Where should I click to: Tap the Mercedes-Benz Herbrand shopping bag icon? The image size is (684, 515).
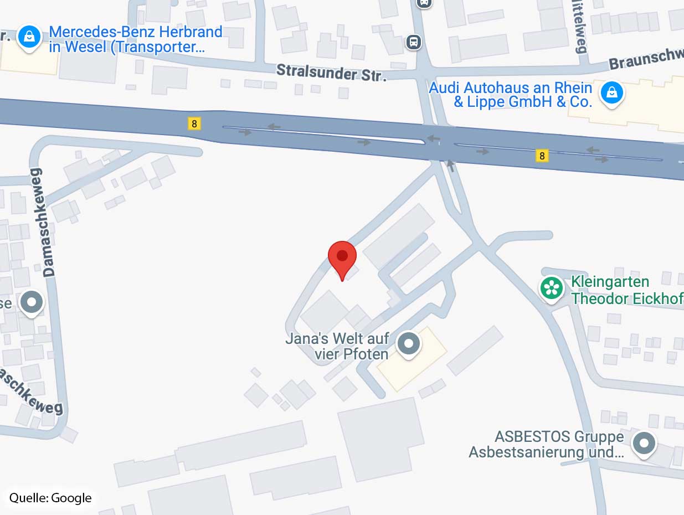29,37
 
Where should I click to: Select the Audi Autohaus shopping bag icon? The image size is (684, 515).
611,92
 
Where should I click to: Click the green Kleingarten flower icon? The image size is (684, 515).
551,287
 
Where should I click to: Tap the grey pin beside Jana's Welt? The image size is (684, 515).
409,343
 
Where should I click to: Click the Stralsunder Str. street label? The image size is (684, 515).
331,71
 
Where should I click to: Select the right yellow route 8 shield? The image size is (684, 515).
542,156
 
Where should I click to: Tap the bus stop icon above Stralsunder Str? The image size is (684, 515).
413,42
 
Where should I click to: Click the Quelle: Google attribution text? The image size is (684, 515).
50,498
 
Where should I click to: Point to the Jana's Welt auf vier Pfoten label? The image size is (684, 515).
338,346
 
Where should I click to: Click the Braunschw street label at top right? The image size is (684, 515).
646,60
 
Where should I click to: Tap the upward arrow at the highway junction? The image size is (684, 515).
450,165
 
